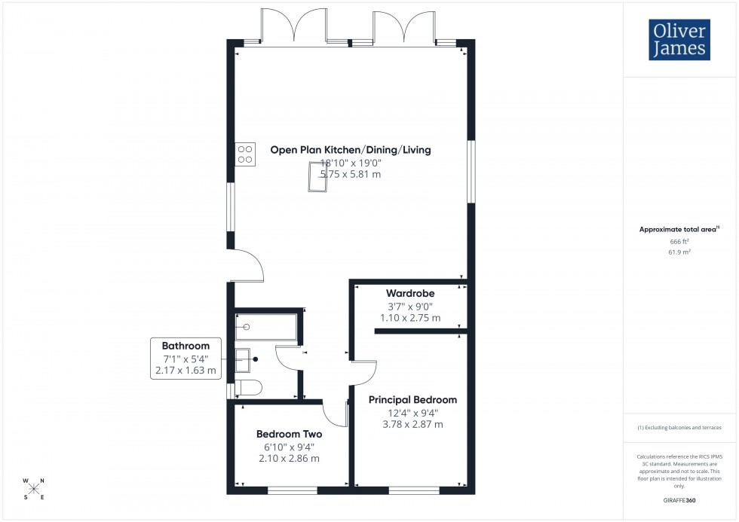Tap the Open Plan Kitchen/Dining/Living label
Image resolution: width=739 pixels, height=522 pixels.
351,150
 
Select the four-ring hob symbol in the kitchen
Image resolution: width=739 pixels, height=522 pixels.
245,154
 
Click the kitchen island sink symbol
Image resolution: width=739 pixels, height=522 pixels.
315,178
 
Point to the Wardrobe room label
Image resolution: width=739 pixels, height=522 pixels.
410,292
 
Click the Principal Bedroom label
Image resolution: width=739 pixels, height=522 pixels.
412,400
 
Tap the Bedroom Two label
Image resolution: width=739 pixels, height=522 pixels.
289,434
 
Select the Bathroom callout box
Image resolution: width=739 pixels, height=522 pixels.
186,358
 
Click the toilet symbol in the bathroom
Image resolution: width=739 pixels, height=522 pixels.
250,388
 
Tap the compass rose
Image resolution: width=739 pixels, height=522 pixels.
34,487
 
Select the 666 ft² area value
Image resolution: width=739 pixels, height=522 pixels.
680,241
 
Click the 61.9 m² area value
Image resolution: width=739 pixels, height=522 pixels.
680,253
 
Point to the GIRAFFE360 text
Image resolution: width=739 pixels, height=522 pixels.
680,499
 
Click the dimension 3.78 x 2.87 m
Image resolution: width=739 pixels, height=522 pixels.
412,424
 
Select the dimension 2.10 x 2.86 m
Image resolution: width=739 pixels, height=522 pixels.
289,458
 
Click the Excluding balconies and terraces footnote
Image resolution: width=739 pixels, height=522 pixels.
680,427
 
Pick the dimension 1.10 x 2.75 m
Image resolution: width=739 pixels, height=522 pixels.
410,318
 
